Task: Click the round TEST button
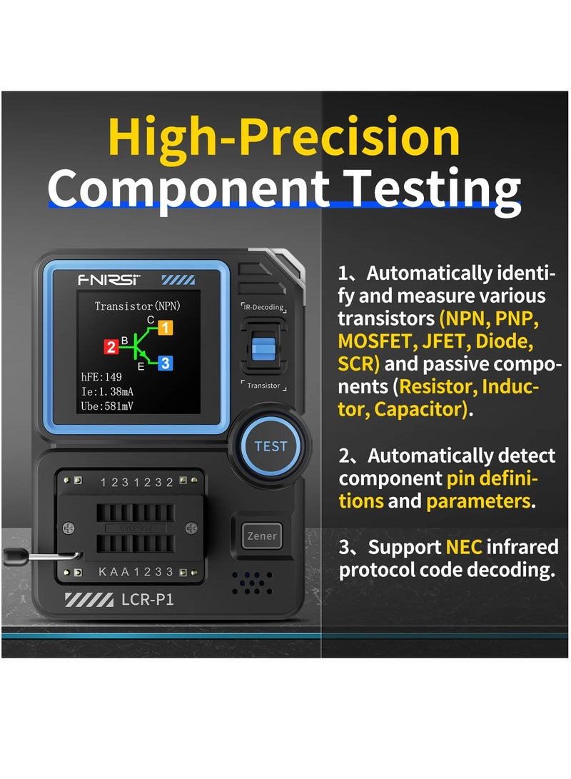(x=271, y=446)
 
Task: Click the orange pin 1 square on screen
(x=165, y=328)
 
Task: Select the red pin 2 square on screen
(x=111, y=347)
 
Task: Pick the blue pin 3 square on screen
(x=165, y=363)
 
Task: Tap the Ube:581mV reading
(x=107, y=407)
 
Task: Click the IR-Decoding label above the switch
(x=263, y=307)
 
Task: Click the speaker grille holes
(x=251, y=582)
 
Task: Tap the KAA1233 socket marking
(x=136, y=572)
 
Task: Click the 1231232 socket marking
(x=136, y=482)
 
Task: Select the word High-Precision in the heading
(x=284, y=138)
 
